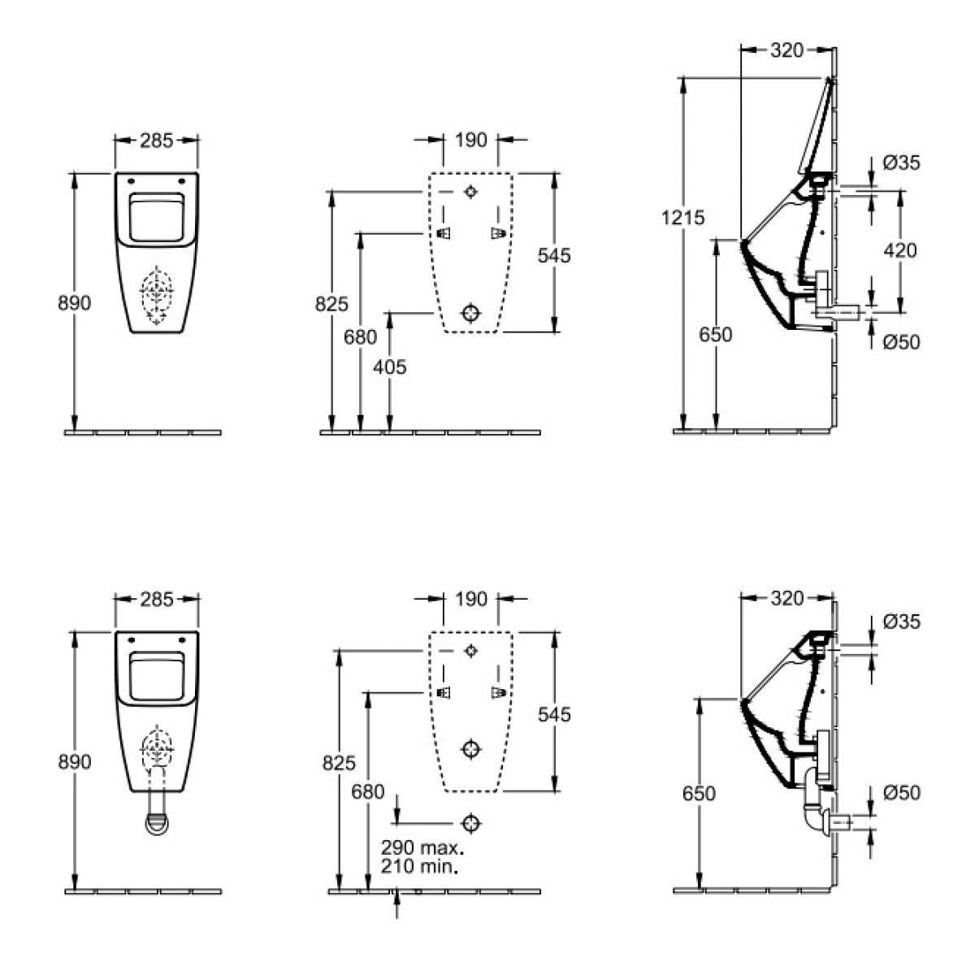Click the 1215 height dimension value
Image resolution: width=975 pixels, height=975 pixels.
(x=682, y=218)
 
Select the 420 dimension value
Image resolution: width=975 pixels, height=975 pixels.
(x=900, y=250)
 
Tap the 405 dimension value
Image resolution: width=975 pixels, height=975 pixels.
(x=390, y=367)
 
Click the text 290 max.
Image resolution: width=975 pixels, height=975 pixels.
(x=422, y=847)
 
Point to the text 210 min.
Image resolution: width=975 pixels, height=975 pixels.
(x=419, y=867)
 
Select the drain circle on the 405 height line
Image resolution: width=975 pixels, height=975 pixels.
(x=470, y=313)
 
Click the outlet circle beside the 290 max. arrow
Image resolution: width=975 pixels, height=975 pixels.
(x=470, y=824)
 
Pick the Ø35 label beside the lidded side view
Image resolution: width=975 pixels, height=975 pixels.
(x=902, y=163)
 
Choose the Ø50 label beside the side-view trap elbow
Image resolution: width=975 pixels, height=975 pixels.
(x=902, y=793)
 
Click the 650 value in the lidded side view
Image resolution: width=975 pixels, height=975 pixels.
(x=716, y=335)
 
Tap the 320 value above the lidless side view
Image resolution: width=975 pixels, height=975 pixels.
(x=786, y=599)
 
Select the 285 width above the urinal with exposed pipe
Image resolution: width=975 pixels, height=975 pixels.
(x=157, y=600)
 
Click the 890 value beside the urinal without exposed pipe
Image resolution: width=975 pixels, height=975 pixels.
(x=75, y=303)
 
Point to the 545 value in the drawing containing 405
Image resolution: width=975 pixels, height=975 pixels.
(x=554, y=255)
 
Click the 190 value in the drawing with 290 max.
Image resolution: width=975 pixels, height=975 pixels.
(x=471, y=599)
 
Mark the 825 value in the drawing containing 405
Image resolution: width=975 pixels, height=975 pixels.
(x=331, y=304)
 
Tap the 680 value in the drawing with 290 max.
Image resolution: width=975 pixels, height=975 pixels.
(x=368, y=792)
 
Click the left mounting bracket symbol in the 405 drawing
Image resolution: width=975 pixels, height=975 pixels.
(x=444, y=233)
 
